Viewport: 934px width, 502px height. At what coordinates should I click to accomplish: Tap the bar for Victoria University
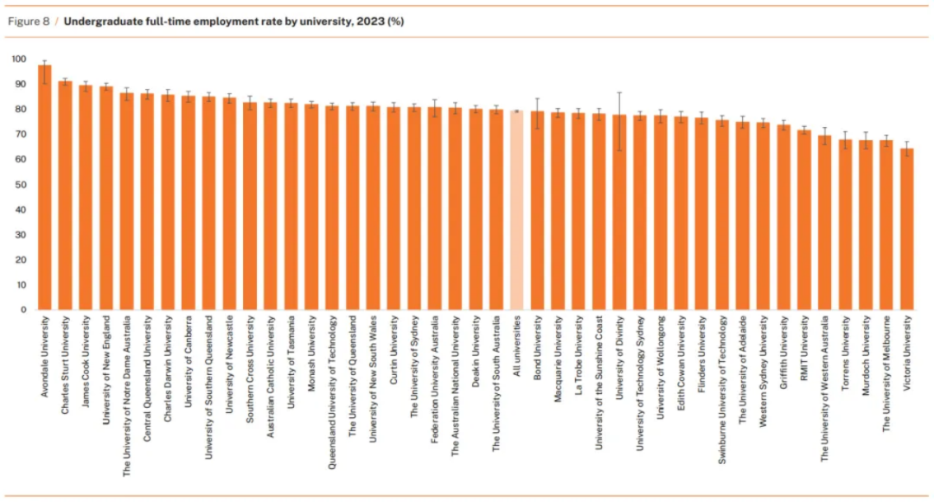pos(906,229)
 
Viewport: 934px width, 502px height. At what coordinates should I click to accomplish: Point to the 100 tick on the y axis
pos(19,59)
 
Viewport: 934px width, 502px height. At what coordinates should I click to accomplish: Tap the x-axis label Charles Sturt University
pos(66,355)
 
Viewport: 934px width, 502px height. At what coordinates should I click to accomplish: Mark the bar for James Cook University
pos(86,198)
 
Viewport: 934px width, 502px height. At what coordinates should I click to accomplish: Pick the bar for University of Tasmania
pos(291,207)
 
